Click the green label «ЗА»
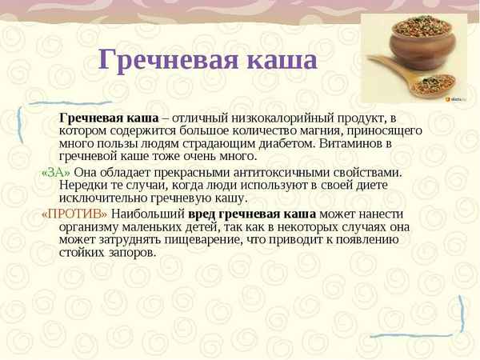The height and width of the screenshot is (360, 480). (x=55, y=172)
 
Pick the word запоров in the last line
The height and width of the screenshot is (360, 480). (x=131, y=254)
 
